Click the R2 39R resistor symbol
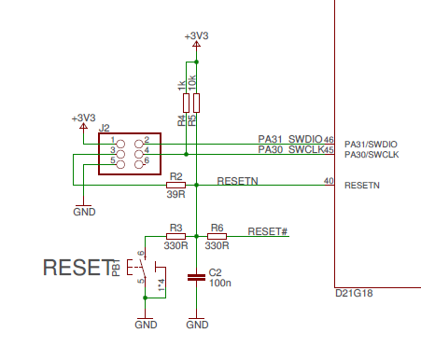pos(175,185)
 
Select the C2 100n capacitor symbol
pos(197,276)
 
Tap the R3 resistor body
pos(175,236)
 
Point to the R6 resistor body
pos(217,236)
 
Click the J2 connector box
pos(130,151)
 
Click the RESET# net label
pos(267,230)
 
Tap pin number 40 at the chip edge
pos(328,181)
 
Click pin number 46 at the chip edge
pos(329,140)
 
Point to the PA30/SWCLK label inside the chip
pos(372,155)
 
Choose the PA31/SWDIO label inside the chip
pos(372,144)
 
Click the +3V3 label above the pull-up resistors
pos(196,35)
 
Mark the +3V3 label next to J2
pos(83,118)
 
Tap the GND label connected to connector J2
pos(83,212)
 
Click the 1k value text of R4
pos(181,86)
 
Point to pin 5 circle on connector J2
pos(121,161)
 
